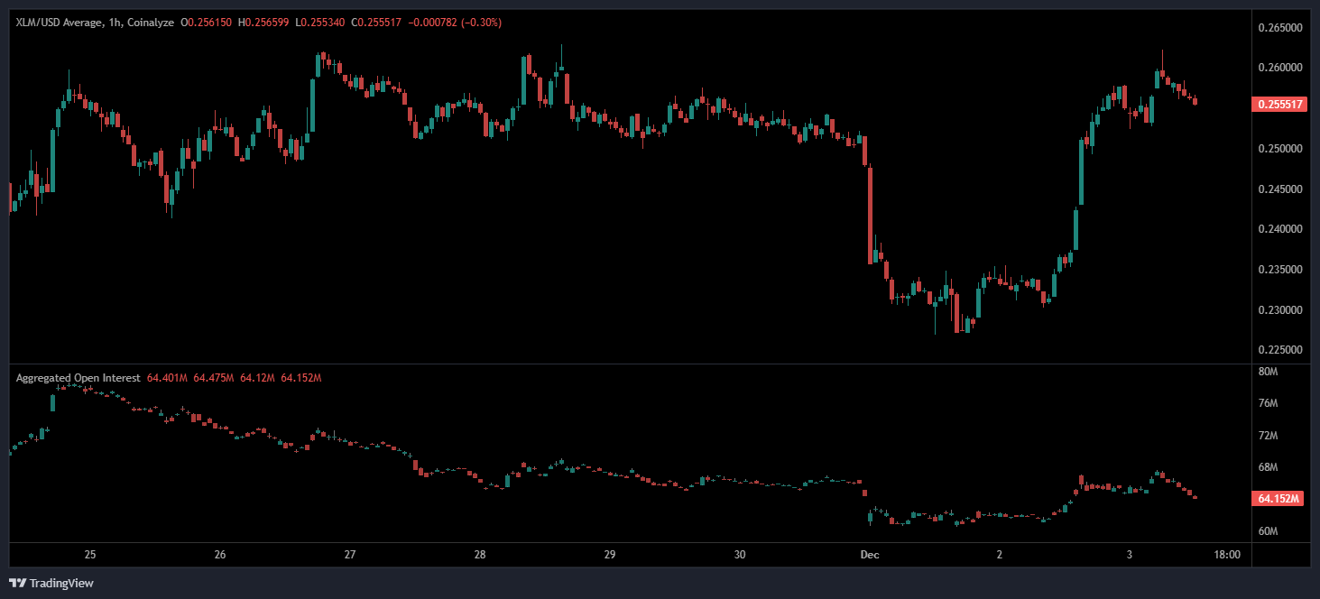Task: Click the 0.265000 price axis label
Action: point(1279,27)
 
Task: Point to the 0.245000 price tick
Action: point(1279,189)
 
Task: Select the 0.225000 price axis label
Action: point(1279,350)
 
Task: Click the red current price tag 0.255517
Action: point(1278,105)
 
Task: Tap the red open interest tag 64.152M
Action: point(1278,498)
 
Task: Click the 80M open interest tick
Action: point(1268,371)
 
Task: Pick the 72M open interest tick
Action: point(1268,436)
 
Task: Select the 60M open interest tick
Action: point(1268,531)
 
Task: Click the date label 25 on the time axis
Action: point(90,555)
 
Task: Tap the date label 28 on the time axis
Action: point(480,555)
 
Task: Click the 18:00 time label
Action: point(1228,555)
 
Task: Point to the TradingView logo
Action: point(52,583)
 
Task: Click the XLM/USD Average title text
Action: point(57,22)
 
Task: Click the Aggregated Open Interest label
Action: point(78,378)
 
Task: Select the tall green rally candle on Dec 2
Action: point(1082,171)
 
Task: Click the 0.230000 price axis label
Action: point(1279,309)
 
